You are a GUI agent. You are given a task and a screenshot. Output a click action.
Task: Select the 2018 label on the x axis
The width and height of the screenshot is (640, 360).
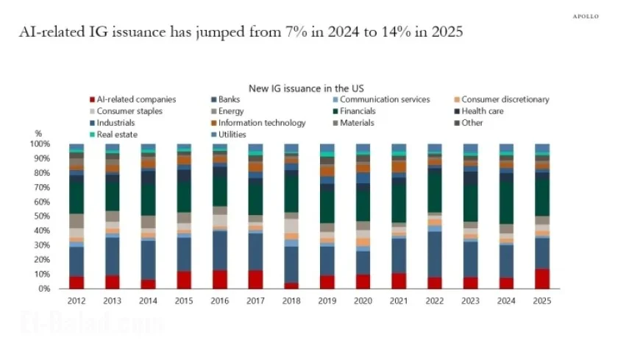(x=291, y=300)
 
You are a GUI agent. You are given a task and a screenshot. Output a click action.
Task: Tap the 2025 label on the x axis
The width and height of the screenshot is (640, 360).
(x=542, y=300)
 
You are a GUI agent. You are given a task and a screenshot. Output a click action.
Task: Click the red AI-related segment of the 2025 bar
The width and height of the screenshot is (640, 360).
(x=542, y=278)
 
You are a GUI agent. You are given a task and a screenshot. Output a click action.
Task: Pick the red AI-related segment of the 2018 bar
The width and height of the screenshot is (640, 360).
(x=291, y=286)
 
